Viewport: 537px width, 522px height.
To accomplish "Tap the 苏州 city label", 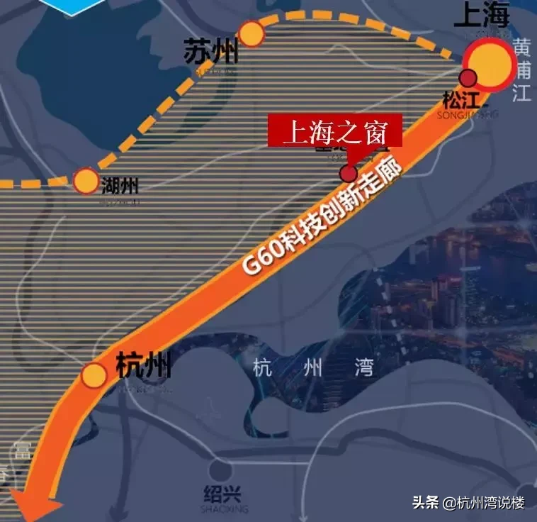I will (210, 51).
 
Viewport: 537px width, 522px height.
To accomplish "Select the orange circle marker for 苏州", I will (251, 33).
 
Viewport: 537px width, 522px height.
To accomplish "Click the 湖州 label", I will (120, 186).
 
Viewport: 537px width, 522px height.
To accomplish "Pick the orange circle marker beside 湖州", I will (86, 181).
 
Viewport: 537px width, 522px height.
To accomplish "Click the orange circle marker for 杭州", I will (94, 375).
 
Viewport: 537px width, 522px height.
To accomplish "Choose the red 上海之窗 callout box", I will (334, 131).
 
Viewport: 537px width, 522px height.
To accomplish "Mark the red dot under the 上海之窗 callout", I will (348, 173).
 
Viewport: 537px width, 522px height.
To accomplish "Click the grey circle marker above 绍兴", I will (220, 469).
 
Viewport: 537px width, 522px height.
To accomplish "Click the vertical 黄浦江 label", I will (522, 70).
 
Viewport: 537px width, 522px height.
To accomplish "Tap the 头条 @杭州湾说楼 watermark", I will (469, 502).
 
